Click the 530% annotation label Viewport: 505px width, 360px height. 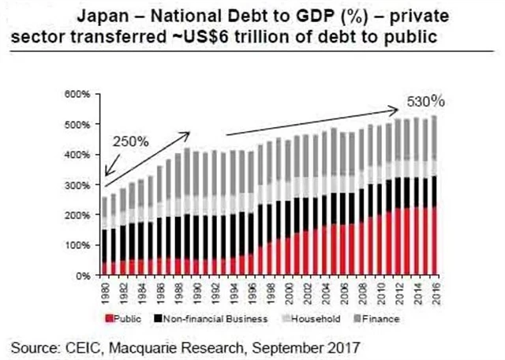(426, 102)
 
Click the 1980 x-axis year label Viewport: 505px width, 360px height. (106, 291)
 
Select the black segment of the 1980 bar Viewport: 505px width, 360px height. (106, 246)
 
